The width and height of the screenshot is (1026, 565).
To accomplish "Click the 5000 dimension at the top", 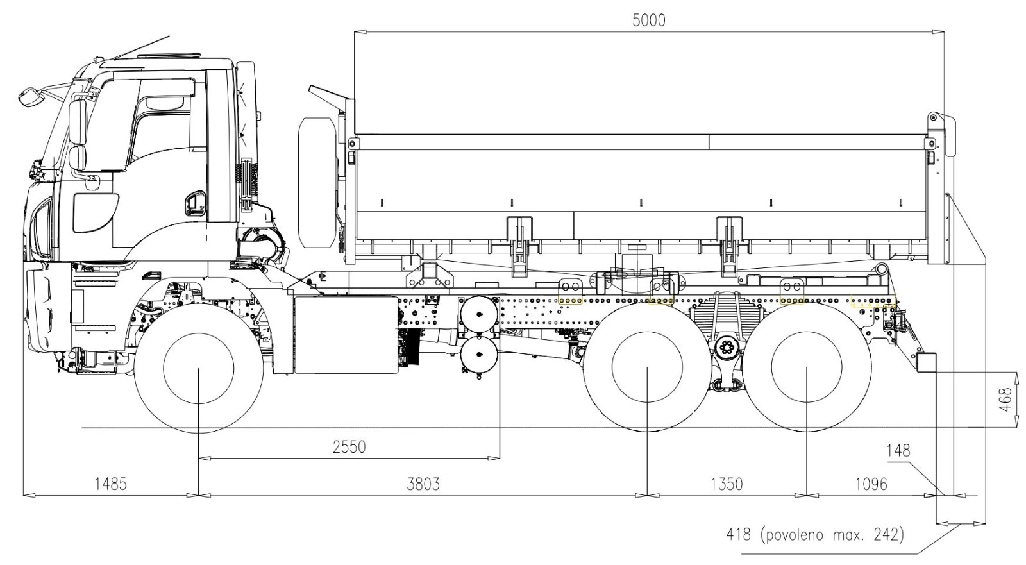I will pyautogui.click(x=648, y=20).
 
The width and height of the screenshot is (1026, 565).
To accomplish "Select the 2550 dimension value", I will pyautogui.click(x=349, y=446).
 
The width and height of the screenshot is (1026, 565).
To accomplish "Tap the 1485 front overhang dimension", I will pyautogui.click(x=110, y=483).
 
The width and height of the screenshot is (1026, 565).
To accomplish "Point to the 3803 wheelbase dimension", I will pyautogui.click(x=423, y=483).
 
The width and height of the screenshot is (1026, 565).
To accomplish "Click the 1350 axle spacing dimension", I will pyautogui.click(x=727, y=483).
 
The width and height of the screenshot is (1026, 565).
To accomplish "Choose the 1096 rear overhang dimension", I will pyautogui.click(x=871, y=483).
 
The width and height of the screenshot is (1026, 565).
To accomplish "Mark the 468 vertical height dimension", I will pyautogui.click(x=1005, y=399).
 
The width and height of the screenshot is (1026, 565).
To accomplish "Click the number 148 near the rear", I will pyautogui.click(x=898, y=450).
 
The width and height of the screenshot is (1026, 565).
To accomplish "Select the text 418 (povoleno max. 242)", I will pyautogui.click(x=814, y=534).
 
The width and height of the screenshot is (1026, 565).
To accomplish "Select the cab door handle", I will pyautogui.click(x=191, y=204).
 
